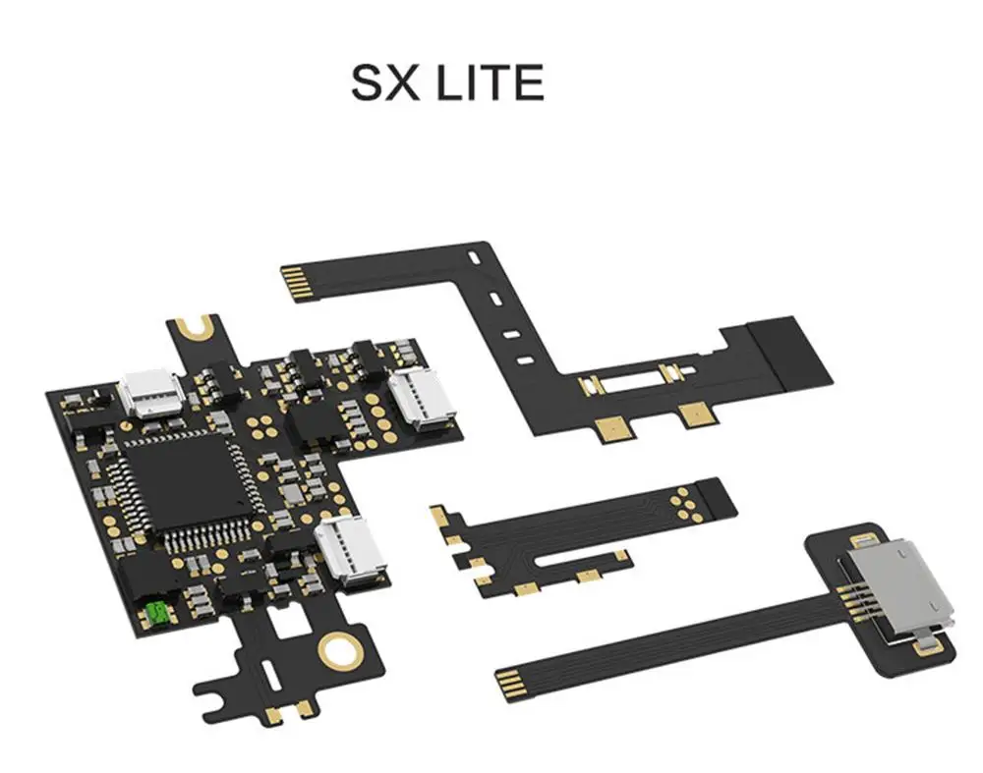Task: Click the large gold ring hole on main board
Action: (x=340, y=648)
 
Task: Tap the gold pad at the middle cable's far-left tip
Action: (x=438, y=514)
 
